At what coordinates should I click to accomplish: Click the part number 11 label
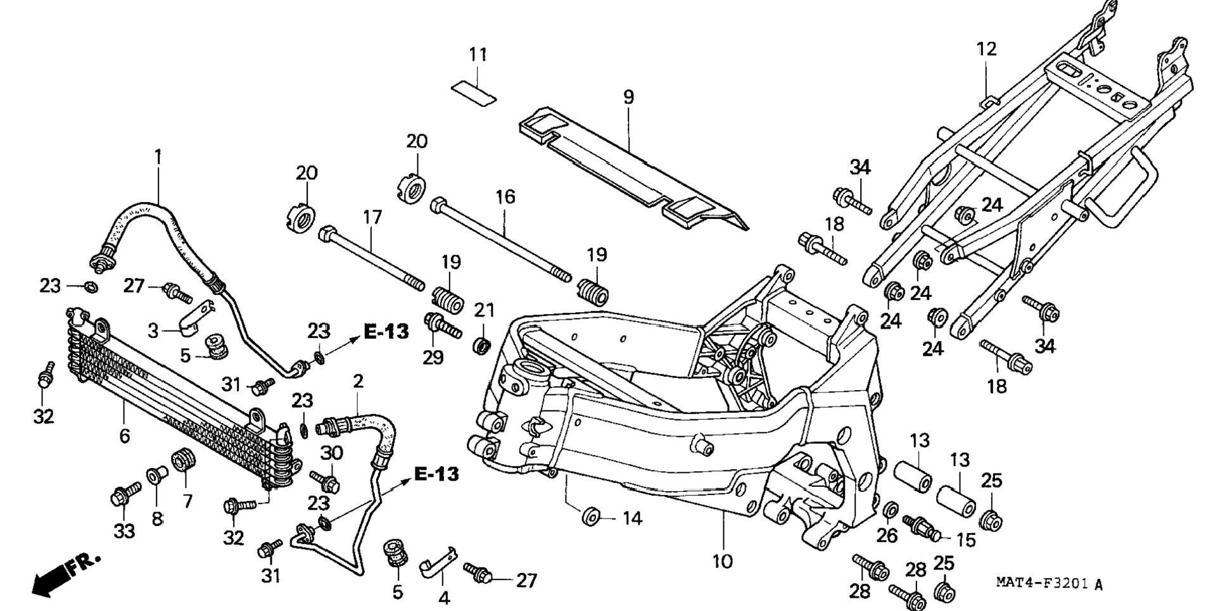pos(478,55)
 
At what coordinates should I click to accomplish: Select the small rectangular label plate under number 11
pos(473,93)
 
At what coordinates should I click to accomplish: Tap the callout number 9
pos(628,98)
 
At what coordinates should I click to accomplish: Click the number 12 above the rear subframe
pos(986,49)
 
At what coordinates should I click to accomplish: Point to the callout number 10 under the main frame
pos(722,562)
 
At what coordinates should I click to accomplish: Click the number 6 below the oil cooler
pos(125,436)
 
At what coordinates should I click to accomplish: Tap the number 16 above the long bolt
pos(505,197)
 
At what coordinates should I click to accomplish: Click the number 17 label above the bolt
pos(372,218)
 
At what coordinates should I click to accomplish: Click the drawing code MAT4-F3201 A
pos(1048,583)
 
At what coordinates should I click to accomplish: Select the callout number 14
pos(632,519)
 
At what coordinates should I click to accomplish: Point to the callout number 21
pos(485,310)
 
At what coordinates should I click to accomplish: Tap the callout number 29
pos(433,358)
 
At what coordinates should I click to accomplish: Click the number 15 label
pos(965,540)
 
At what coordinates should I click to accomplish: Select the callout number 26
pos(887,536)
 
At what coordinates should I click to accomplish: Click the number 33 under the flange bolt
pos(124,531)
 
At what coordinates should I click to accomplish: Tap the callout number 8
pos(157,519)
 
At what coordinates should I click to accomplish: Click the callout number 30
pos(331,453)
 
